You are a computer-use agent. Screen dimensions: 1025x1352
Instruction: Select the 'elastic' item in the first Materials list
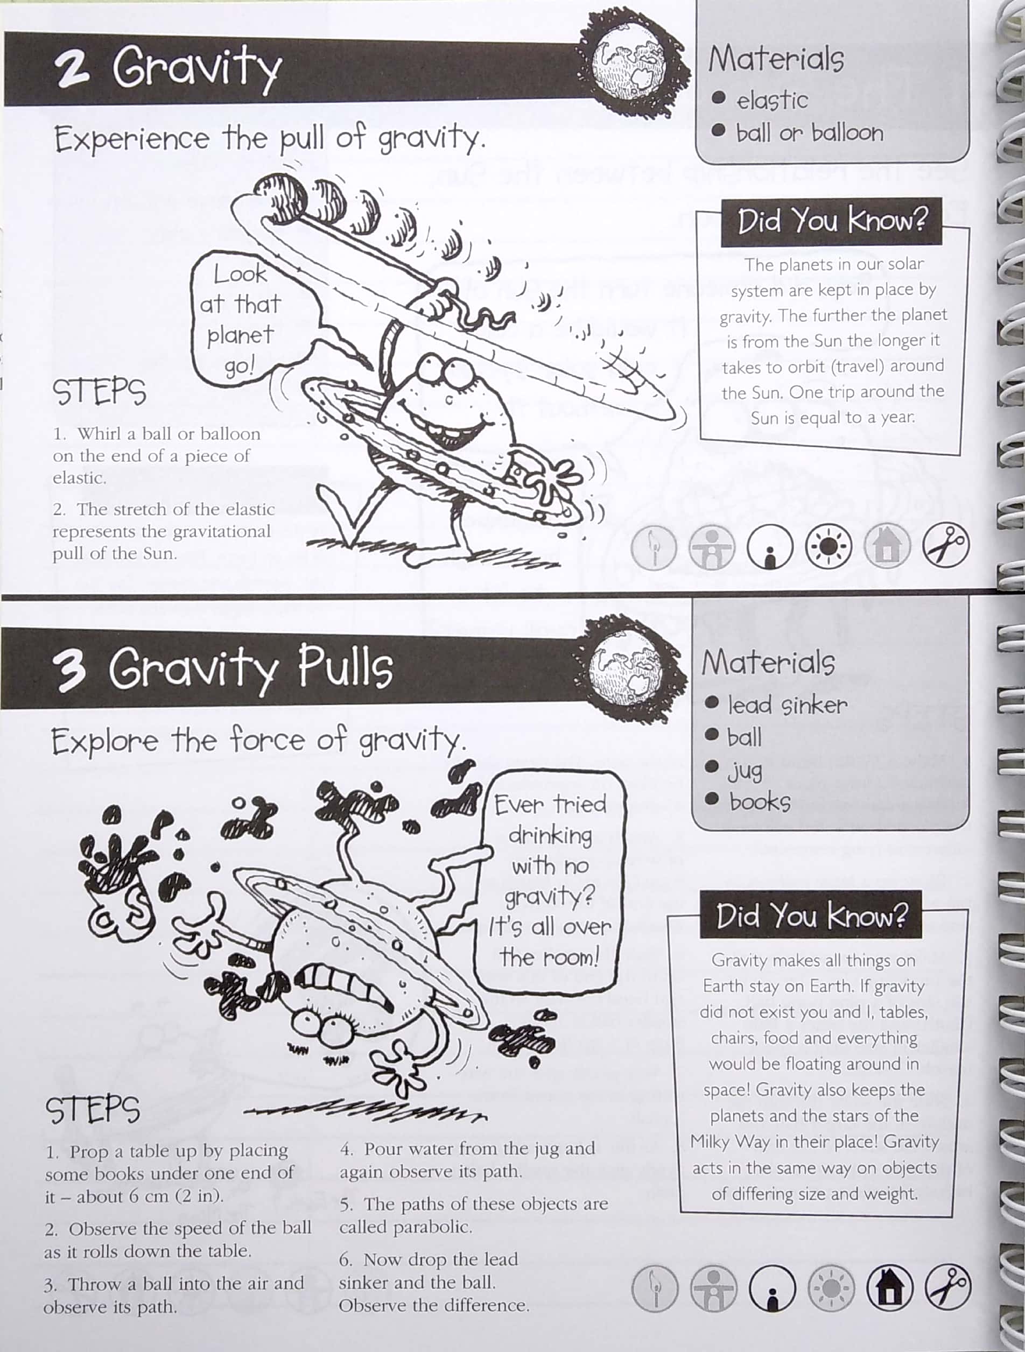pyautogui.click(x=771, y=100)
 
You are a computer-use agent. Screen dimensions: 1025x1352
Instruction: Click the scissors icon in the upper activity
pyautogui.click(x=945, y=545)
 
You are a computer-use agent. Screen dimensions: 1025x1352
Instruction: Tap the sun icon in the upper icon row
pyautogui.click(x=828, y=546)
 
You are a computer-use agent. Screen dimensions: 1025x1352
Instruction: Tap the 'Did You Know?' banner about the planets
pyautogui.click(x=832, y=221)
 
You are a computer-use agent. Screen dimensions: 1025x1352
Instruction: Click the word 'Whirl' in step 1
pyautogui.click(x=99, y=433)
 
